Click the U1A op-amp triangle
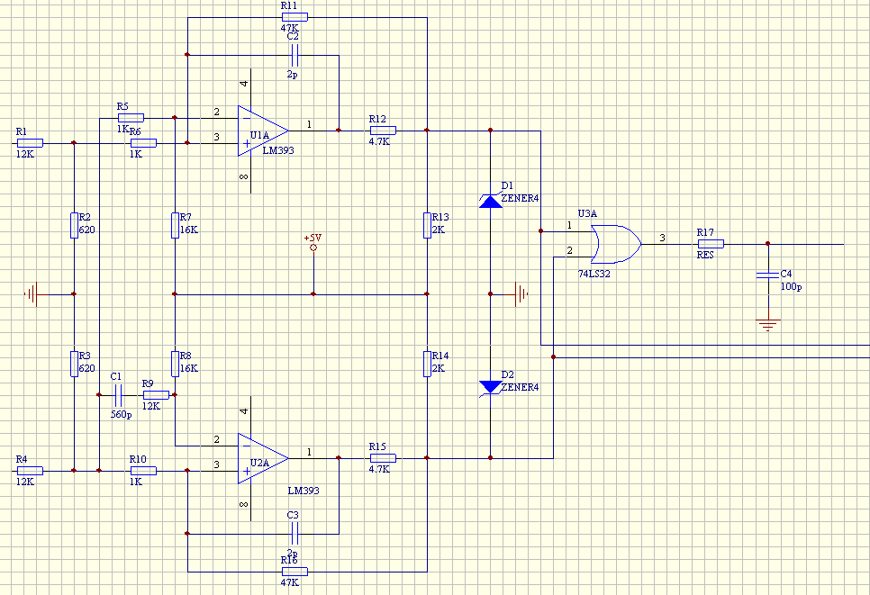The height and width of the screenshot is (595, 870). tap(263, 131)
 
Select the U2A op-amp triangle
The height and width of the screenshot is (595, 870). tap(263, 458)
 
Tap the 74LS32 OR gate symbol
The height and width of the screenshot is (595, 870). tap(616, 244)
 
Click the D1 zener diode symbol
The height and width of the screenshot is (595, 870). tap(491, 201)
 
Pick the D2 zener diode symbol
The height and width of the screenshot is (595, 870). tap(491, 388)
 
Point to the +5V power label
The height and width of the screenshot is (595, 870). tap(313, 238)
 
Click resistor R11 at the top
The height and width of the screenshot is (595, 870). tap(295, 17)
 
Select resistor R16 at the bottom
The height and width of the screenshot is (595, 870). tap(295, 572)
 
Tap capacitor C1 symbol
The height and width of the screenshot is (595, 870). tap(118, 395)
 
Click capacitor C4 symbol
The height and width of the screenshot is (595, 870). tap(768, 275)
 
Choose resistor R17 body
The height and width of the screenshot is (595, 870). tap(711, 244)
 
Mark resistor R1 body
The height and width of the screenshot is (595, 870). tap(30, 143)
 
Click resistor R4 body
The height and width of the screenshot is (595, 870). tap(30, 471)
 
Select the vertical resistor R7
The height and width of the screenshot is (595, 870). tap(175, 225)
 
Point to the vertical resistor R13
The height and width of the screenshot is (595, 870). tap(427, 225)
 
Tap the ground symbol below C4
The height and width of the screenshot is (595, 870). tap(768, 325)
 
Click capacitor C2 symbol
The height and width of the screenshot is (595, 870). tap(295, 56)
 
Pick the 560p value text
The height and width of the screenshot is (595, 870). tap(121, 415)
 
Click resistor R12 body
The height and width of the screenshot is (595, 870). tap(383, 131)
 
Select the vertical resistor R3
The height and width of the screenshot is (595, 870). tap(74, 364)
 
